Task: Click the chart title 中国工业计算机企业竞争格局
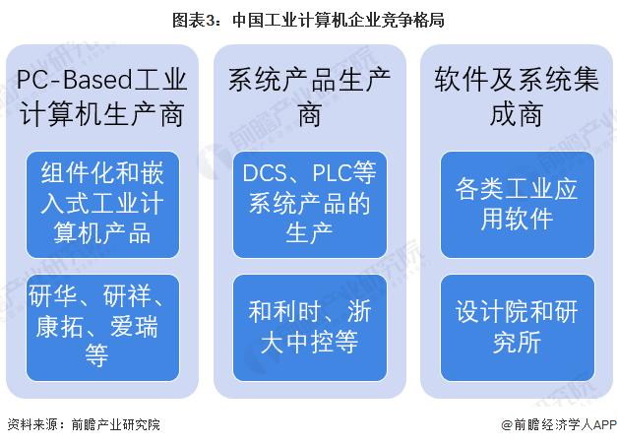point(339,18)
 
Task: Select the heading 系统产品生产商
point(307,96)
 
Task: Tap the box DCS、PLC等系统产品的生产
point(307,204)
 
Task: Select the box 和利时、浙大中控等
point(307,326)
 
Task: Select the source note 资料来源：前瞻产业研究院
point(83,425)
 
